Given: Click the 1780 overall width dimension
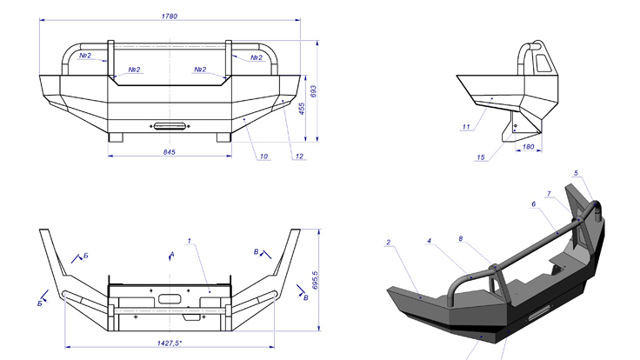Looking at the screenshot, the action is tap(170, 17).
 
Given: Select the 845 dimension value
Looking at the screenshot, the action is tap(169, 152).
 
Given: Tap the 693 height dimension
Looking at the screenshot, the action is tap(313, 91).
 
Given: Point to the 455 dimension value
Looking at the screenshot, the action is tap(302, 109).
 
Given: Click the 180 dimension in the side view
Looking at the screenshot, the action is tap(528, 147).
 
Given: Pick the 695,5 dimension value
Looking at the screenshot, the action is tap(315, 280).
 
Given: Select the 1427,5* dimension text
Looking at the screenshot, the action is tap(170, 343).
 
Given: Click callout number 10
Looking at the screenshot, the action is tap(263, 157).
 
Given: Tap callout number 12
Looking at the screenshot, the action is tap(299, 157).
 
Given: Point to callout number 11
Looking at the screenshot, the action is tap(466, 127).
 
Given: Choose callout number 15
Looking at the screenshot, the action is tap(481, 157).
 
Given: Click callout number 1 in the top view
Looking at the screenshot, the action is tap(189, 241).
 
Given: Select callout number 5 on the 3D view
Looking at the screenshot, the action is tap(576, 173).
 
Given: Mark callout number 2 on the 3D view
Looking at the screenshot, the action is tap(388, 243).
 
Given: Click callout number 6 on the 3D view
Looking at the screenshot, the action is tap(533, 204).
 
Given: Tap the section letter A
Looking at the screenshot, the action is tap(172, 254).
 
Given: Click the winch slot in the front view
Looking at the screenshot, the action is tap(170, 127).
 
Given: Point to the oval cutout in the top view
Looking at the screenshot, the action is tap(170, 299).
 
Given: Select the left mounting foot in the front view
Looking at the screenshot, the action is tap(116, 137).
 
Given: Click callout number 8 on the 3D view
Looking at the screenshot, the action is tap(460, 239).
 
